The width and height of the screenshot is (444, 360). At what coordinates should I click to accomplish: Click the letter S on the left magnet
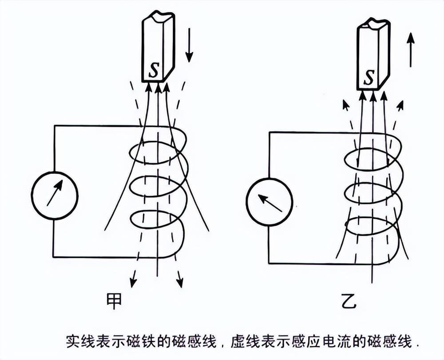click(x=153, y=71)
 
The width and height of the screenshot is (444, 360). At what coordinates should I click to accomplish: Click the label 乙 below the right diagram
click(x=347, y=302)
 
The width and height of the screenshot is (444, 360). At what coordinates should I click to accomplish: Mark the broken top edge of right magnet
click(x=373, y=23)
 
